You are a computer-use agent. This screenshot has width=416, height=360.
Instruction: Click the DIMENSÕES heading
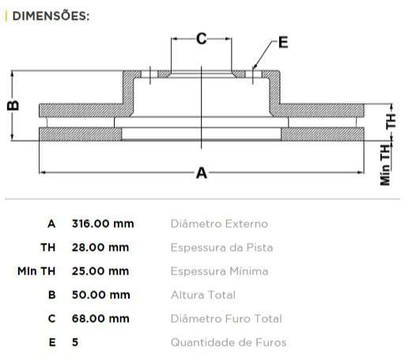coord(48,16)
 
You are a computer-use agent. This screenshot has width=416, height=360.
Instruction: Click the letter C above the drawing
coord(201,37)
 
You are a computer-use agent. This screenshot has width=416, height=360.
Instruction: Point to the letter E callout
coord(283,43)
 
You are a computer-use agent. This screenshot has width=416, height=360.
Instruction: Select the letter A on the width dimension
coord(201,172)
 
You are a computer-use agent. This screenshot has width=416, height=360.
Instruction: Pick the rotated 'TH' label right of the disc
coord(391,121)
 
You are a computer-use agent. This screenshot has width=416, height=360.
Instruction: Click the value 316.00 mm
coord(103,224)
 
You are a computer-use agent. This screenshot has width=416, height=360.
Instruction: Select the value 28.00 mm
coord(100,248)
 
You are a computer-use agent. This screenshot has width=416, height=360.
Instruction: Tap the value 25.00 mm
coord(100,271)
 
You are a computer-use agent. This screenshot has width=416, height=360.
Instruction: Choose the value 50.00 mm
coord(100,295)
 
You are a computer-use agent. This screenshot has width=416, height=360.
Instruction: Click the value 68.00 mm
coord(100,319)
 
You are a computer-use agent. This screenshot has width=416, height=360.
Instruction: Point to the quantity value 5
coord(75,343)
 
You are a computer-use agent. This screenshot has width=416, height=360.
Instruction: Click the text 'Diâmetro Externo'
coord(219,224)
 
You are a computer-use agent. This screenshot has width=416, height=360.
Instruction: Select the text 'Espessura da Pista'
coord(221,248)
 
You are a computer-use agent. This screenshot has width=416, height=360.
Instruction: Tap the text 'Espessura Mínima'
coord(219,271)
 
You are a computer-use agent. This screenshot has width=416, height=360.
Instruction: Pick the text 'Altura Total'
coord(202,295)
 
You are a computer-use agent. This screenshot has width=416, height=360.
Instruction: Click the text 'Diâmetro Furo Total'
coord(226,319)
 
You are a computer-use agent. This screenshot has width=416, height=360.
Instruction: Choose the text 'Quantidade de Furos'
coord(229,343)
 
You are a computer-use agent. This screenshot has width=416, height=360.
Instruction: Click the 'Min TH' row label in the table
coord(37,271)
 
